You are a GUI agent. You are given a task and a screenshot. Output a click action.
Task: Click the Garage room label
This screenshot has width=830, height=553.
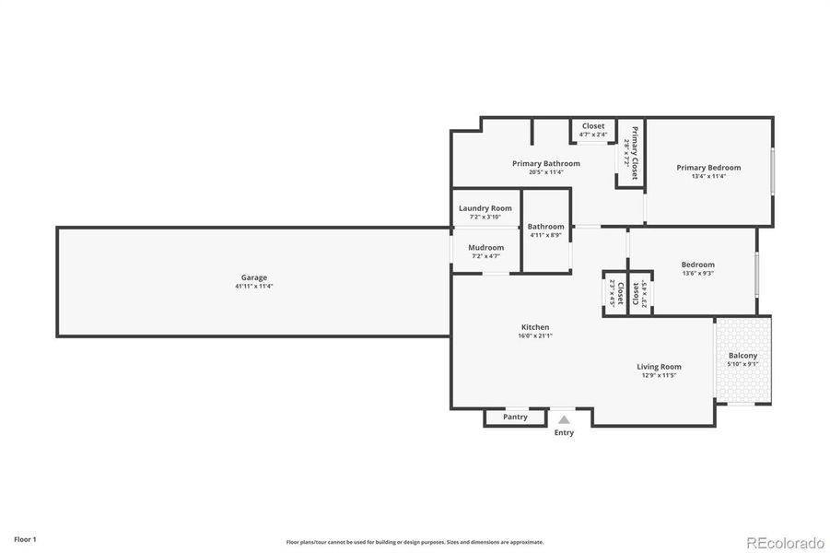(254, 277)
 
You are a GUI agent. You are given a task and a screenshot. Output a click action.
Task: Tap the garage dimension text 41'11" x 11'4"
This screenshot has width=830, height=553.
(254, 287)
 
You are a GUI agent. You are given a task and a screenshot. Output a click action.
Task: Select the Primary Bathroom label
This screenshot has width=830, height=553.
(546, 163)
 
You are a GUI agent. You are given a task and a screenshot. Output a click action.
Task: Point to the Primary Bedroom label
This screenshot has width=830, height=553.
(708, 168)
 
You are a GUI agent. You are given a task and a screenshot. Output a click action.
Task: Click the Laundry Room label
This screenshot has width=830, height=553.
(485, 208)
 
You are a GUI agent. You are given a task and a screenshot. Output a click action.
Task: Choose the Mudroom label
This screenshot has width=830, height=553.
(485, 247)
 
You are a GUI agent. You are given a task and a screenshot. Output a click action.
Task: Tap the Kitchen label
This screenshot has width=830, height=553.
(535, 327)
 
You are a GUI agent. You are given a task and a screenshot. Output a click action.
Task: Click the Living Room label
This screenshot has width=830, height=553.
(659, 367)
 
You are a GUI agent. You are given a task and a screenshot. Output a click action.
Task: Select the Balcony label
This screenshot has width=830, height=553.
(742, 356)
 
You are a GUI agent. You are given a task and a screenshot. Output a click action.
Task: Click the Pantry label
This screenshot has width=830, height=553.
(515, 418)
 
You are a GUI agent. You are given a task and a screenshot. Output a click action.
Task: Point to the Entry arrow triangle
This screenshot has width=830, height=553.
(564, 419)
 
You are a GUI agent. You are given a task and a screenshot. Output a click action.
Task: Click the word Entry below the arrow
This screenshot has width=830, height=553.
(564, 432)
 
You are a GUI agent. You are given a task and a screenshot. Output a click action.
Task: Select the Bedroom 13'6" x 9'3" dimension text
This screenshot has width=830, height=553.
(697, 274)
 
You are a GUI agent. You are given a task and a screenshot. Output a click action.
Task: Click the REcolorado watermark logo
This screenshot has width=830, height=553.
(786, 542)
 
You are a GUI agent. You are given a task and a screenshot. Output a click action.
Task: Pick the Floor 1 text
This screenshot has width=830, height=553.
(25, 538)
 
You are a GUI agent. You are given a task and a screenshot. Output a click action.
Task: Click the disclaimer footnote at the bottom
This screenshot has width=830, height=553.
(415, 542)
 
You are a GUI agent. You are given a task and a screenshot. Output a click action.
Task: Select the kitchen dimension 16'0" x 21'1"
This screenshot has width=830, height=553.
(535, 336)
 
